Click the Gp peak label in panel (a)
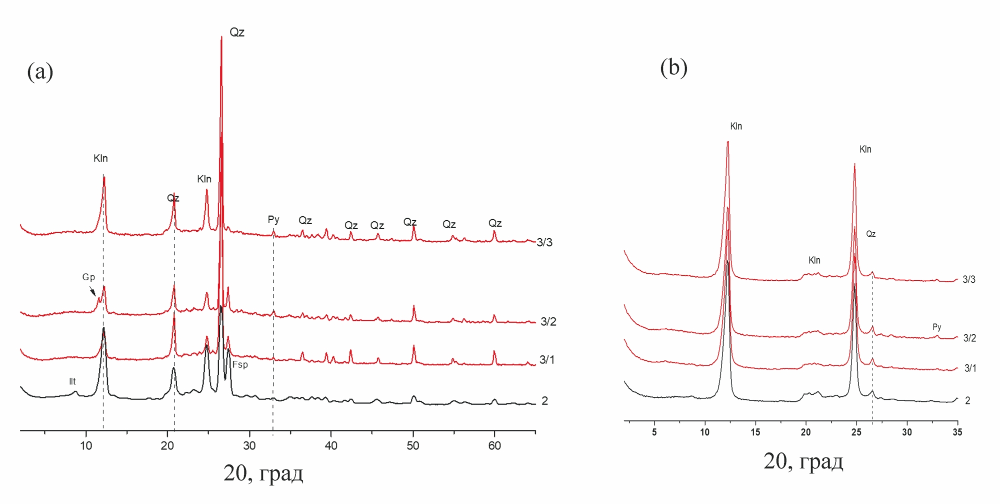click(88, 277)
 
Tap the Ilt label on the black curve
click(72, 381)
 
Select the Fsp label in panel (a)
click(240, 365)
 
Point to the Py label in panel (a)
click(273, 219)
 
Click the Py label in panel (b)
click(937, 327)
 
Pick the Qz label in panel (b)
click(871, 234)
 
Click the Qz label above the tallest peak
click(237, 33)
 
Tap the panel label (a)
click(40, 71)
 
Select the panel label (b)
click(673, 67)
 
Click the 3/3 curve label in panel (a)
click(544, 243)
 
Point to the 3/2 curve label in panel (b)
click(969, 338)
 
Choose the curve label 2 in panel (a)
click(544, 401)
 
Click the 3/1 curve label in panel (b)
click(970, 368)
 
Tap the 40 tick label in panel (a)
click(331, 446)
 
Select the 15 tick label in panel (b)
click(755, 432)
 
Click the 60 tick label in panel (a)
click(494, 446)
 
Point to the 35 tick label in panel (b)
click(957, 432)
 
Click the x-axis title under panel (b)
click(803, 461)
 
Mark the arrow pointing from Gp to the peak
click(92, 290)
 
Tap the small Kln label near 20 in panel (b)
click(814, 260)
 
